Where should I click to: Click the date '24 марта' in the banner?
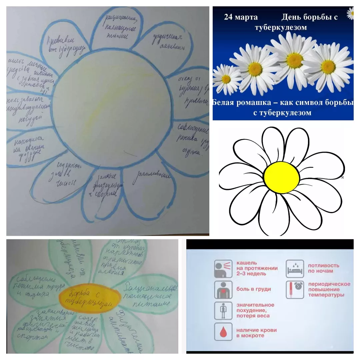click(x=241, y=17)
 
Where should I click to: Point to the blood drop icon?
click(x=223, y=331)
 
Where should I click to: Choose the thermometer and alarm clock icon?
click(x=295, y=290)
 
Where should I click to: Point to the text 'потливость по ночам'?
click(x=323, y=268)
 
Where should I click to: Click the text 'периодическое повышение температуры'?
click(x=329, y=289)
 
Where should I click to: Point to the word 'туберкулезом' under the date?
click(x=281, y=27)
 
